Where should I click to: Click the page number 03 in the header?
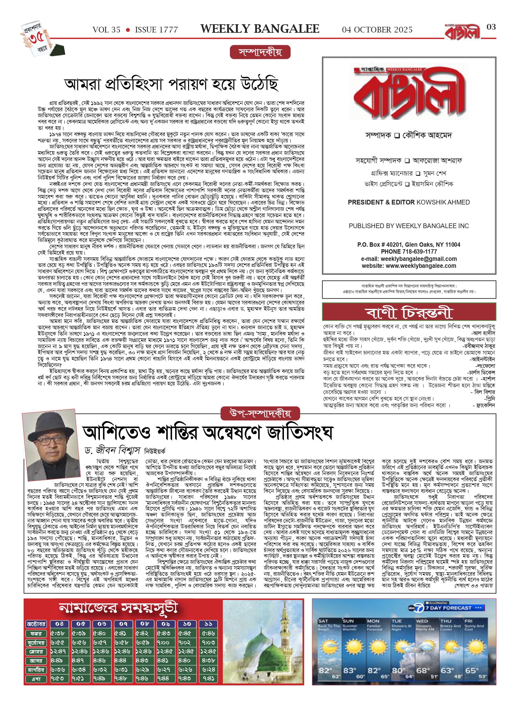tap(491, 27)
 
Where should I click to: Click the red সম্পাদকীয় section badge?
tap(260, 52)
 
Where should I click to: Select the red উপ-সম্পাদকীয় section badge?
tap(260, 413)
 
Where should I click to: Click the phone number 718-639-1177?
tap(419, 251)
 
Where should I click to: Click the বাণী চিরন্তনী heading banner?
tap(409, 312)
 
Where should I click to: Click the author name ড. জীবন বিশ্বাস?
tap(113, 451)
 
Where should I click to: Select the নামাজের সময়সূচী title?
tap(118, 608)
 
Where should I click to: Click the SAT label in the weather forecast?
tap(323, 621)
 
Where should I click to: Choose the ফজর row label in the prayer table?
tap(36, 633)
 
